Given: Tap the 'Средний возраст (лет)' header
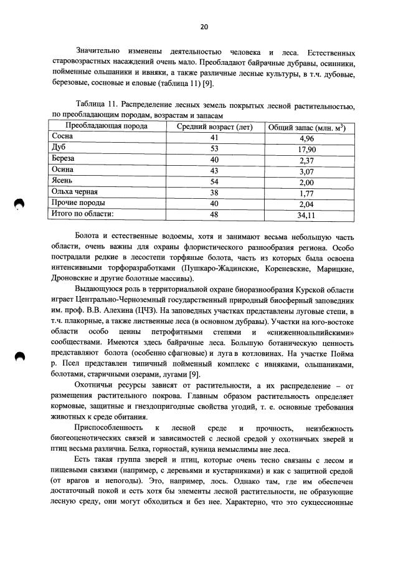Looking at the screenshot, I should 214,127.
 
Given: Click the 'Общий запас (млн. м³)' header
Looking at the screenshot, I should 306,127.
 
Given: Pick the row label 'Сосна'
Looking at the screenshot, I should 62,136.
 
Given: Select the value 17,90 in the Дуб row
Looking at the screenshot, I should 306,148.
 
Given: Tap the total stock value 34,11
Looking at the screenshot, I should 306,215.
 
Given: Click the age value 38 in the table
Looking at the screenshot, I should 214,193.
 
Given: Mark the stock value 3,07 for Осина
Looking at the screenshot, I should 306,170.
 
